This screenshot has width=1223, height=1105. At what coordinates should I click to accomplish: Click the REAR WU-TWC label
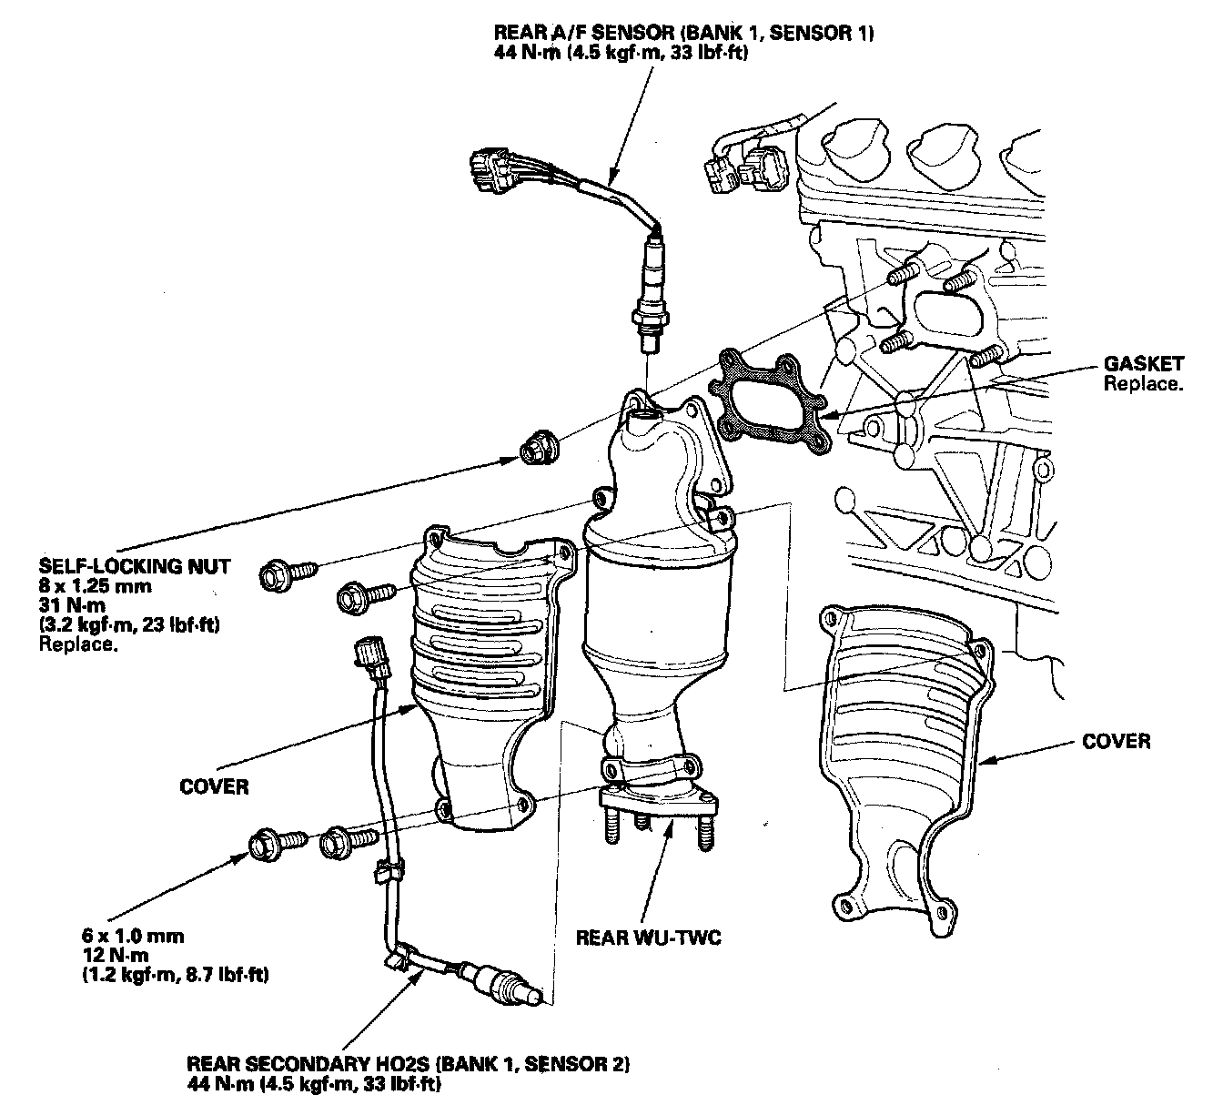click(x=648, y=937)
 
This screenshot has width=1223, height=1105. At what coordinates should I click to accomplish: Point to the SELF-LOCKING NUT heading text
click(x=135, y=567)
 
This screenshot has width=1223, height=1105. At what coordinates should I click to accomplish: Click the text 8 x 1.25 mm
click(x=96, y=586)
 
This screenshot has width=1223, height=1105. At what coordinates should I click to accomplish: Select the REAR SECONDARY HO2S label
click(x=409, y=1063)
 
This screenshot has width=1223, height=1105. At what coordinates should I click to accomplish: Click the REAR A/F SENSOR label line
click(x=684, y=35)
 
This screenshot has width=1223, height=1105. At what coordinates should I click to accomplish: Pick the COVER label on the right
click(x=1116, y=741)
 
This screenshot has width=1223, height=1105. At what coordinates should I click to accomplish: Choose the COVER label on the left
click(x=215, y=786)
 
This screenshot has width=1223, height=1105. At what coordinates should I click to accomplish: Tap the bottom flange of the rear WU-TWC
click(x=657, y=802)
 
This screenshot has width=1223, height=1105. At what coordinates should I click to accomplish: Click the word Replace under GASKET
click(x=1143, y=383)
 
